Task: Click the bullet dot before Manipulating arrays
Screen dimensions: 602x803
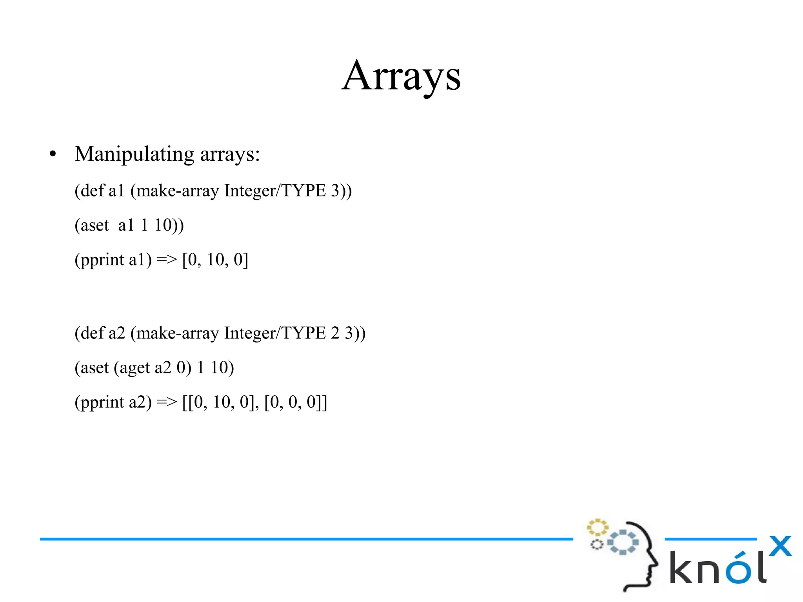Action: pos(53,154)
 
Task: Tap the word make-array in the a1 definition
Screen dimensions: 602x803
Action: pos(177,191)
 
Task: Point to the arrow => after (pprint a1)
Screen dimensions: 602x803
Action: pos(167,260)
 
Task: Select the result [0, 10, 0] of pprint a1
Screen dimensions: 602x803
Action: pos(215,260)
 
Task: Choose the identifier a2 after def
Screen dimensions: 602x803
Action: pos(116,333)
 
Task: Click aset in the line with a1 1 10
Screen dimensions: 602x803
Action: pos(94,226)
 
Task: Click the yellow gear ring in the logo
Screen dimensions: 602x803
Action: pos(597,527)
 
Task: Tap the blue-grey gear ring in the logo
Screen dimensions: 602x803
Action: pos(623,542)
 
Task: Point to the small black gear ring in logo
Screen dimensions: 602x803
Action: pos(597,544)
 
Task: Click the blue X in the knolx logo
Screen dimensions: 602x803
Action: pos(780,546)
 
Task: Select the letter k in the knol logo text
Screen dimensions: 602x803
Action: pos(681,567)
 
